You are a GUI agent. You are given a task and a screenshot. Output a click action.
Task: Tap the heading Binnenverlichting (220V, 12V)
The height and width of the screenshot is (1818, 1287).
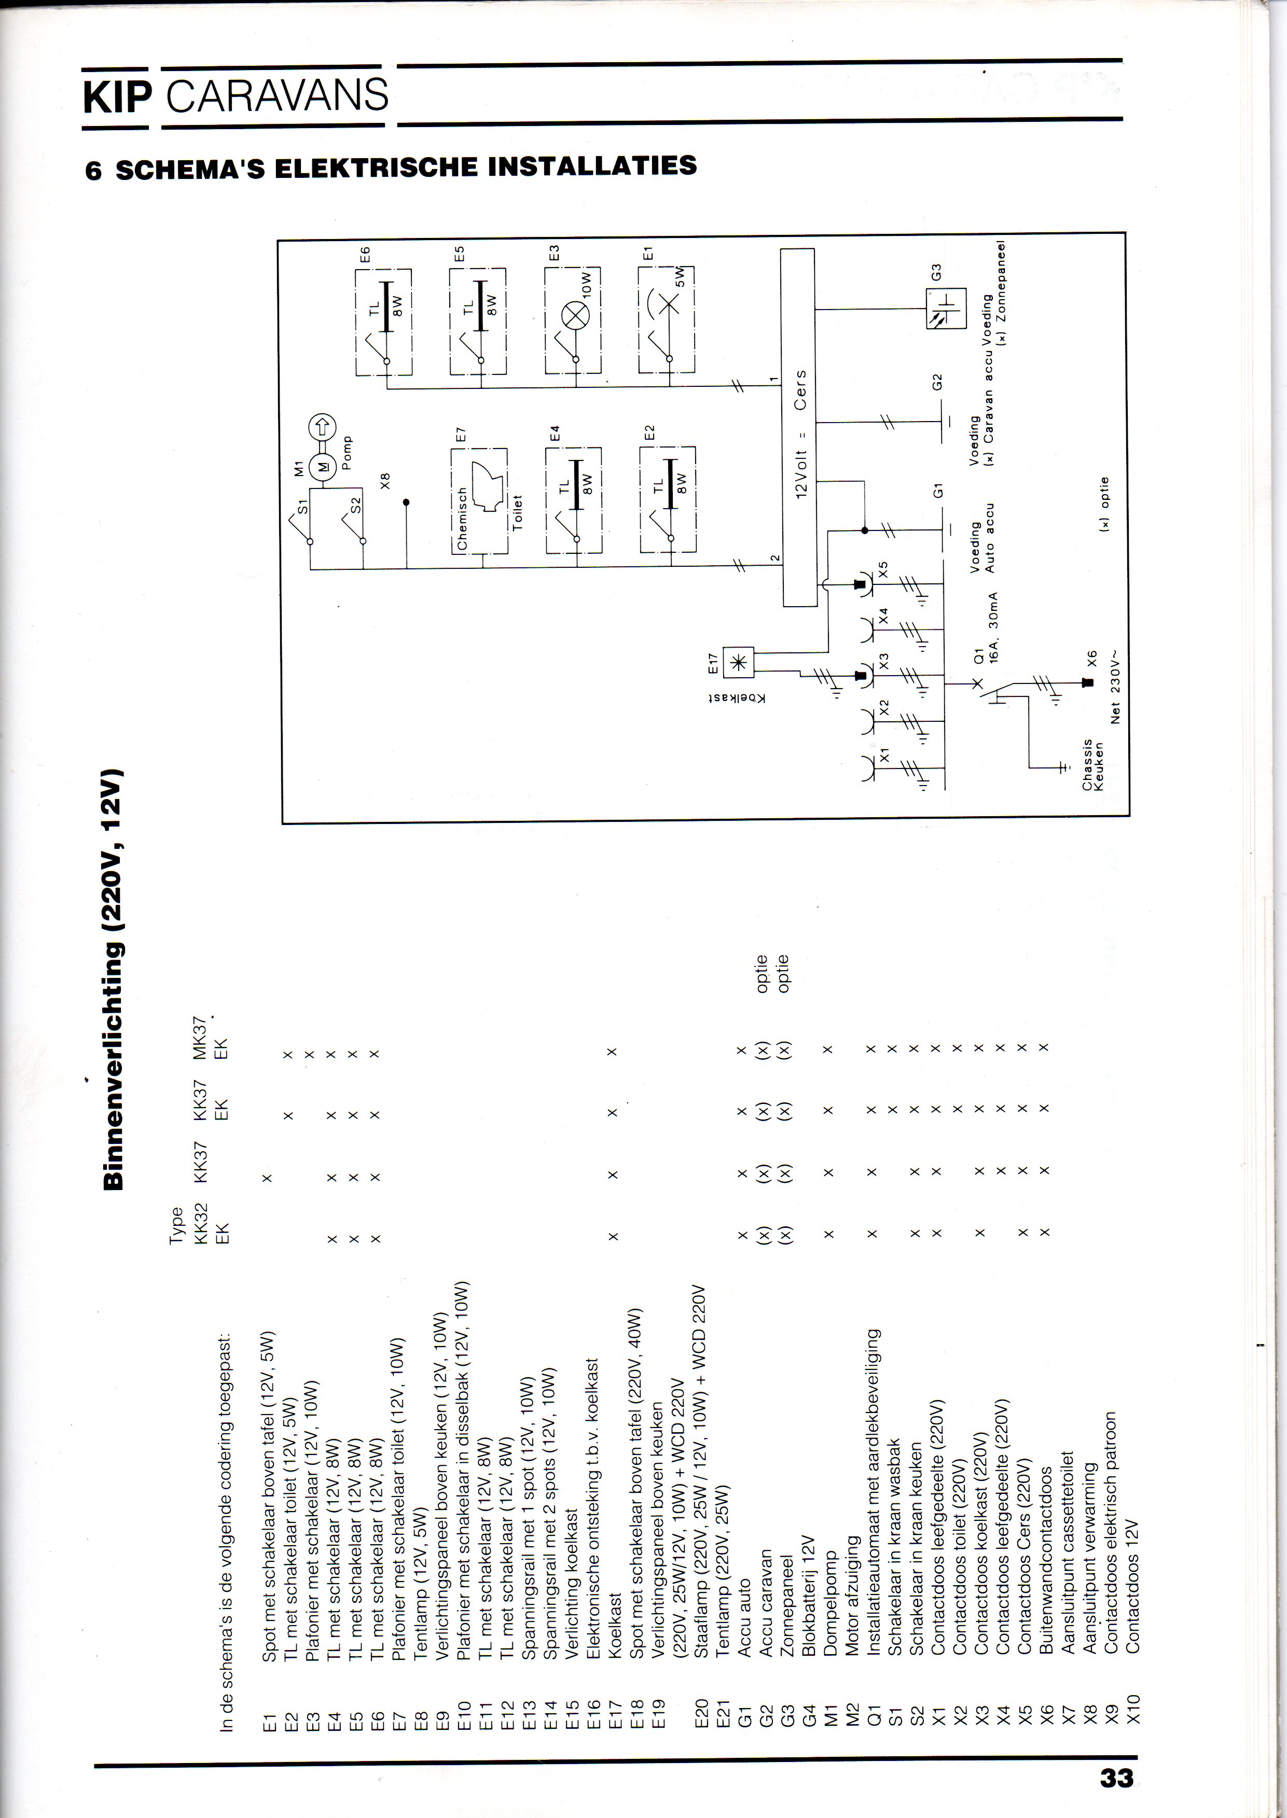[113, 978]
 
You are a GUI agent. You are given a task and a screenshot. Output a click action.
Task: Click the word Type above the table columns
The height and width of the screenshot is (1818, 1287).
[176, 1225]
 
